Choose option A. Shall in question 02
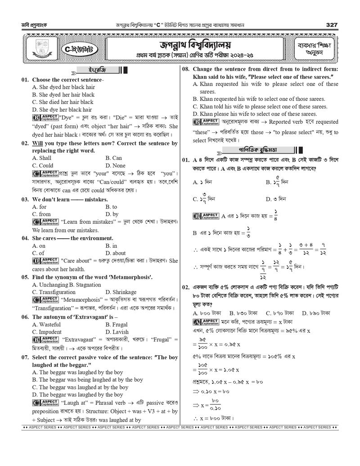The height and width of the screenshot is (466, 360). pyautogui.click(x=42, y=158)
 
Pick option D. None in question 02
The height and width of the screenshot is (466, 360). pyautogui.click(x=116, y=165)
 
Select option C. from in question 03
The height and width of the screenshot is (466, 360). pyautogui.click(x=41, y=214)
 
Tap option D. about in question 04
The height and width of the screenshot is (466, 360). pyautogui.click(x=116, y=253)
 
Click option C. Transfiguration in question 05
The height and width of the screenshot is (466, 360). pyautogui.click(x=54, y=292)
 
